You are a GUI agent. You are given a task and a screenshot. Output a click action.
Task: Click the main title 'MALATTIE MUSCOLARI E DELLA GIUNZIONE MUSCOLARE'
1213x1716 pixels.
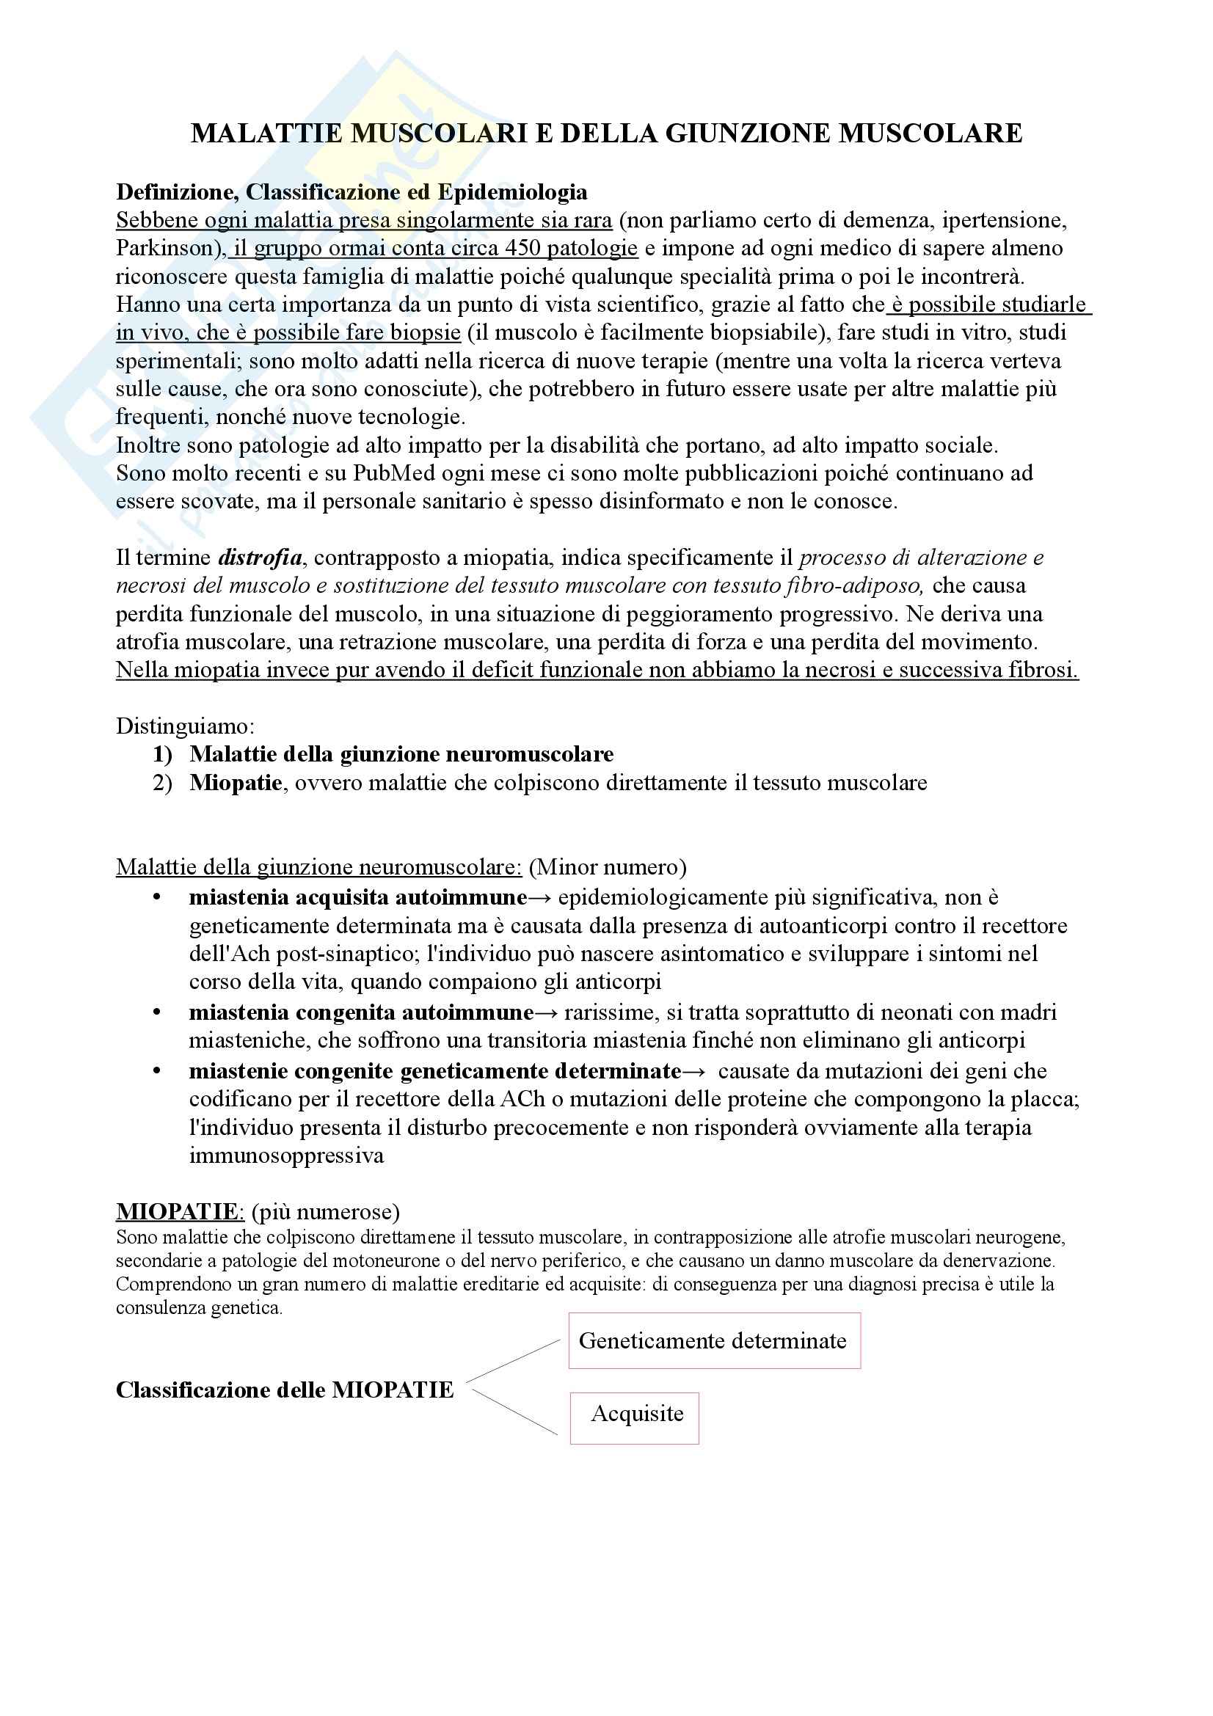606,133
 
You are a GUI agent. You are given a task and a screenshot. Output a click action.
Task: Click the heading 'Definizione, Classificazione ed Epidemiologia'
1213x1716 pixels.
351,192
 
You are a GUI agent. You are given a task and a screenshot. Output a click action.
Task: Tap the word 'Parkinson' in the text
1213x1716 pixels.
165,248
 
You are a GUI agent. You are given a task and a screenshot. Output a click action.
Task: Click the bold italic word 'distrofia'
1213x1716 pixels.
260,558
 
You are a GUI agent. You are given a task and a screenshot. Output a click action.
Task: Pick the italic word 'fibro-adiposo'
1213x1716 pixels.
854,586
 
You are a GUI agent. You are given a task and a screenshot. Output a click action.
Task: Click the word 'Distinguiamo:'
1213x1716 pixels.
185,726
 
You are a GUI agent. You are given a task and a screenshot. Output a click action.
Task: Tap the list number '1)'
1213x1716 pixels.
162,754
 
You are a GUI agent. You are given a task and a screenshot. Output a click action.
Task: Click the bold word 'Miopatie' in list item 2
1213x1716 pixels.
236,783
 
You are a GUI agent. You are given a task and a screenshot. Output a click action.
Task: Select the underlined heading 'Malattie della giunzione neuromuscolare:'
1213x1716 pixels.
319,867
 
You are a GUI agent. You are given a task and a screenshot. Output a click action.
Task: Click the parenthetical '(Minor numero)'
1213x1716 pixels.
607,867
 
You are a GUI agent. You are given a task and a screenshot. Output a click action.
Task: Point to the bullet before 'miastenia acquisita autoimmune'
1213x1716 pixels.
157,897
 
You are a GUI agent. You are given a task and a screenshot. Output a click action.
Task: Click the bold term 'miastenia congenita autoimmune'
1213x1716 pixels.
361,1012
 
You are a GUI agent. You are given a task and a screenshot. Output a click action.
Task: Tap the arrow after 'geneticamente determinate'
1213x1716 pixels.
693,1072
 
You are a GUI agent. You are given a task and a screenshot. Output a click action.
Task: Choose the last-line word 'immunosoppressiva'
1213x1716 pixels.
286,1156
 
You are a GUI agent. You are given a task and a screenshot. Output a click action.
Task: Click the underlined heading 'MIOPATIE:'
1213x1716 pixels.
179,1211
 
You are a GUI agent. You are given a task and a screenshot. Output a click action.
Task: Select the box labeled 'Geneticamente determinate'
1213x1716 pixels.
714,1341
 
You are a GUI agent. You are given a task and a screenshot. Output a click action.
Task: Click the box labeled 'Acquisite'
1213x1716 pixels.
635,1414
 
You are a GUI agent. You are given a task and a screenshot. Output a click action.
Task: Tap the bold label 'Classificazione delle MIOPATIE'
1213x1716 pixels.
285,1390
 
